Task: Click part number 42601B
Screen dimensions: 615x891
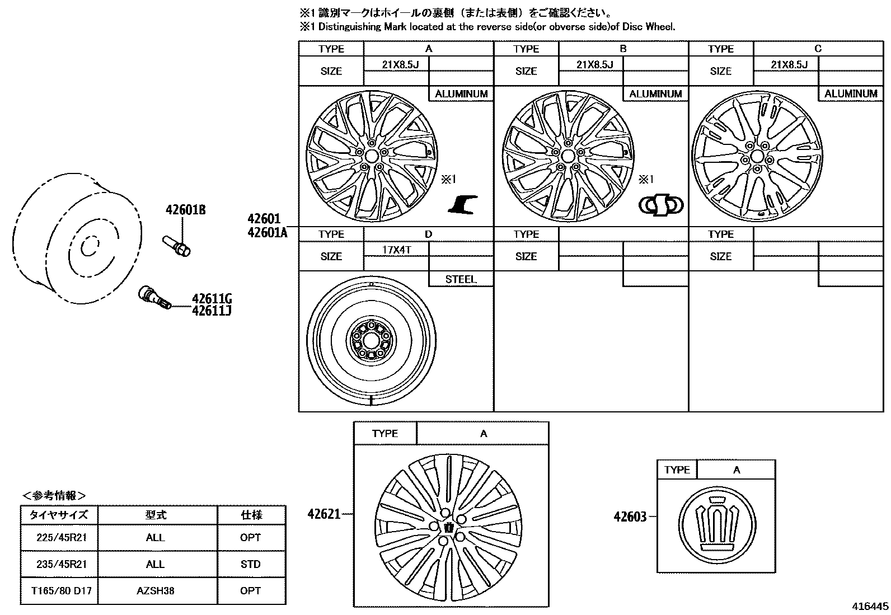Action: click(185, 210)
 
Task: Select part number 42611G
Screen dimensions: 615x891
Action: click(211, 299)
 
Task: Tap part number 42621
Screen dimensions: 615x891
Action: click(323, 514)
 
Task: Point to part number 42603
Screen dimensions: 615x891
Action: click(630, 517)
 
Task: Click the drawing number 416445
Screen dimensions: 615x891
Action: click(870, 607)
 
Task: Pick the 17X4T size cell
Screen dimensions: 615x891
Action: click(396, 250)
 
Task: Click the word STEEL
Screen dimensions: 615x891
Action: click(461, 279)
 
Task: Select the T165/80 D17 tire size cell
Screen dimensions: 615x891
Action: click(59, 590)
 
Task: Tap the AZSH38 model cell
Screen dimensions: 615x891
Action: click(156, 590)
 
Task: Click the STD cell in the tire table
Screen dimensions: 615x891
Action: click(250, 564)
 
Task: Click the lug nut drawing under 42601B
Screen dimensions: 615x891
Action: click(176, 246)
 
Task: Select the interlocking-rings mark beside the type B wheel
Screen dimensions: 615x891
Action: click(660, 205)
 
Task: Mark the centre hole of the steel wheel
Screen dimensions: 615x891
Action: click(371, 339)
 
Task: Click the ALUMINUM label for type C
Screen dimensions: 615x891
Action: click(851, 93)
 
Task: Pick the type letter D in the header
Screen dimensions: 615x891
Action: click(429, 234)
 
